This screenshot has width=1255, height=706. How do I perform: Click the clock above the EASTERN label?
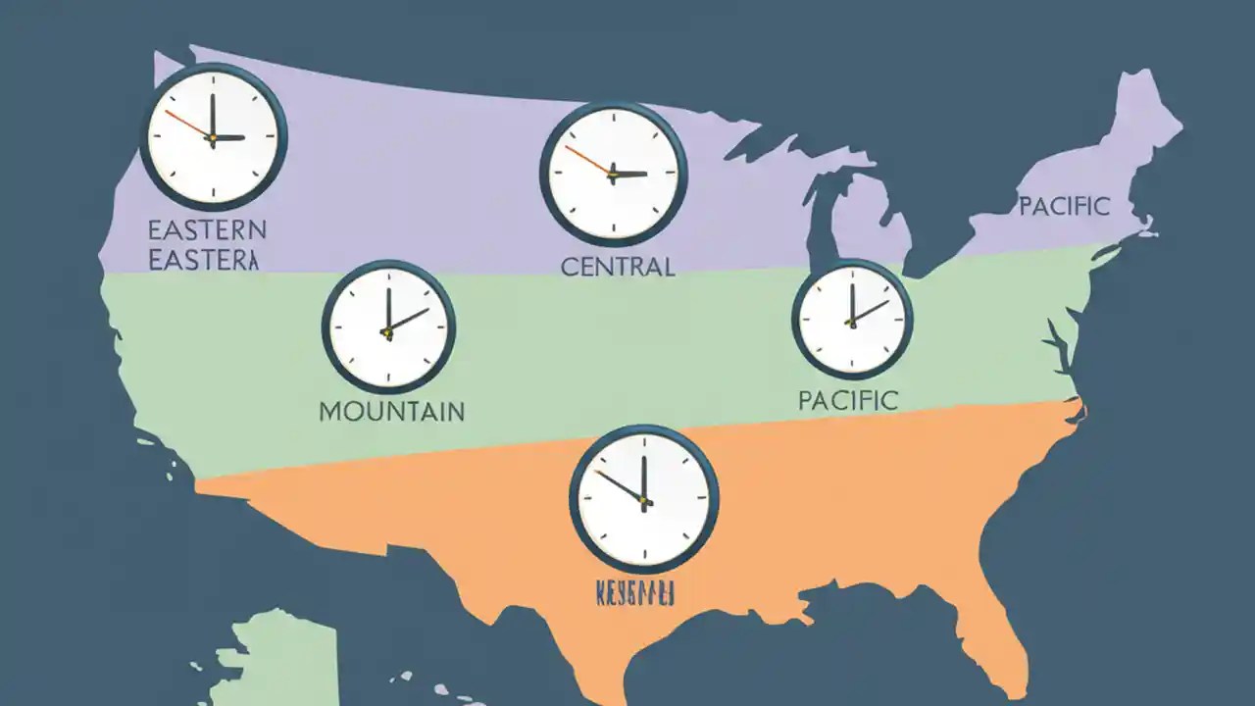coord(213,137)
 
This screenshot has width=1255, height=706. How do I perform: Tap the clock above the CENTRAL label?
coord(613,174)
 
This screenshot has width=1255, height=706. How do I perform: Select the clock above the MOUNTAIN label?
coord(388,327)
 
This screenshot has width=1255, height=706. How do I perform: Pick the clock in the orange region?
coord(643,499)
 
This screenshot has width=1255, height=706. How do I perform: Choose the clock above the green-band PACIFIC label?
coord(852,318)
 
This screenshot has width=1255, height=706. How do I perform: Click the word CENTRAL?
coord(618,266)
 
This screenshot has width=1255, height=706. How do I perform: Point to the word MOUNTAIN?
coord(392,411)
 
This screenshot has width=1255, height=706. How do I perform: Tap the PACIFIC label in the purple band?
coord(1064,207)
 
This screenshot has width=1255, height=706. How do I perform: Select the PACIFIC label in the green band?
coord(847,400)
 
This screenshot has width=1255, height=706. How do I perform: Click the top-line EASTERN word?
coord(207,231)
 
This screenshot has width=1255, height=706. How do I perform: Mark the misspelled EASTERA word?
coord(203,260)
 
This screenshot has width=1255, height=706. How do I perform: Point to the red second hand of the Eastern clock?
coord(186,124)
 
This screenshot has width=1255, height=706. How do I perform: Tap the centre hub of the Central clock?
coord(613,175)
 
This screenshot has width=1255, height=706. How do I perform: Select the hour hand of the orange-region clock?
coord(621,485)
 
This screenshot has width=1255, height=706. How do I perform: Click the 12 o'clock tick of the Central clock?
coord(613,117)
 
